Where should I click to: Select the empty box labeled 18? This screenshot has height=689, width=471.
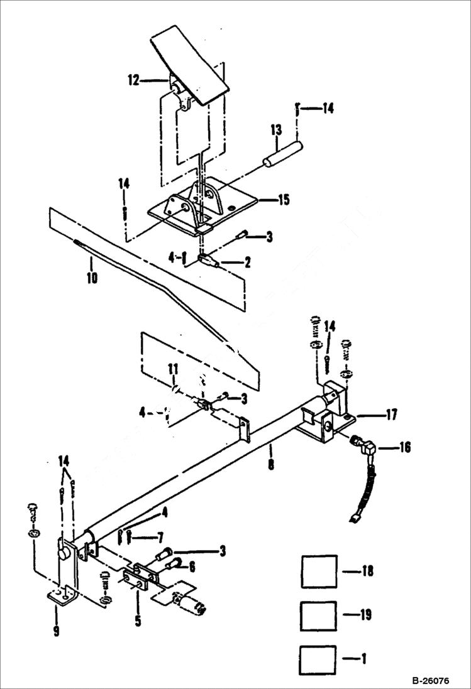click(319, 572)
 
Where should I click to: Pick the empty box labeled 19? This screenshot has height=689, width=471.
click(319, 616)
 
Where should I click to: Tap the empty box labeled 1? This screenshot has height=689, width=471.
click(319, 659)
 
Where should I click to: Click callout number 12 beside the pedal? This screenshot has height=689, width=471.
click(133, 80)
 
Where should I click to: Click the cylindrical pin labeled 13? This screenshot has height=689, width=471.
click(282, 155)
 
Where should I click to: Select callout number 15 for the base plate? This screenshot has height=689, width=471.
click(283, 200)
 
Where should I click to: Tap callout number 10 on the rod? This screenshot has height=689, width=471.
click(92, 277)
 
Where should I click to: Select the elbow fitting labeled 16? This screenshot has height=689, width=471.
click(364, 447)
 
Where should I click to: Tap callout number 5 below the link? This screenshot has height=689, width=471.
click(138, 622)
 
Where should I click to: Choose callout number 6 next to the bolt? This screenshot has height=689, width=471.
click(192, 567)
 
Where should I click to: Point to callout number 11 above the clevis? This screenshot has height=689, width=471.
click(174, 368)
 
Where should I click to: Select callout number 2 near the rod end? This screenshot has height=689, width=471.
click(247, 263)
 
